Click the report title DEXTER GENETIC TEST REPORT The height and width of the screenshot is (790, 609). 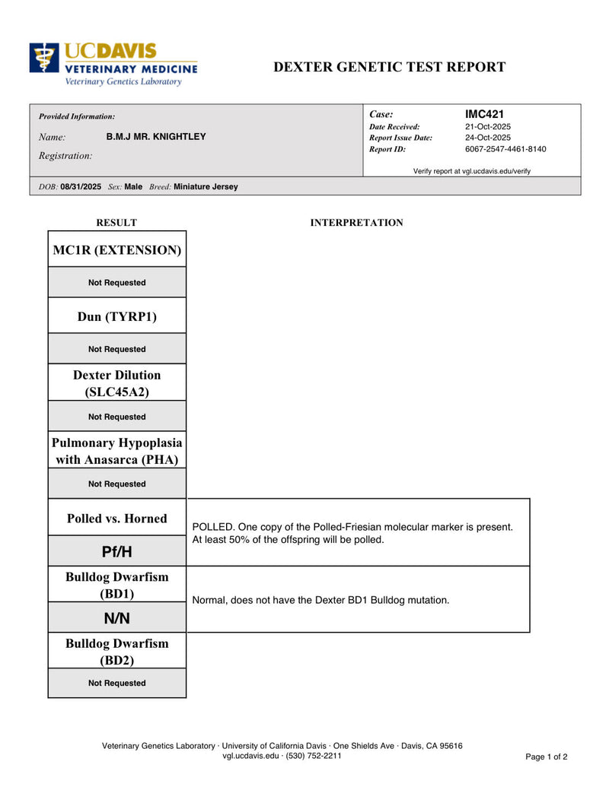click(x=389, y=67)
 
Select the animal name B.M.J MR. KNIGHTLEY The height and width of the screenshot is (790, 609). click(x=156, y=137)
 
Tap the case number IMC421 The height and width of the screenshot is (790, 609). click(x=484, y=114)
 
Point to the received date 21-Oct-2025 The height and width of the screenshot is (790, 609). click(x=488, y=126)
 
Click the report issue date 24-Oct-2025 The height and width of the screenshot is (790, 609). click(x=488, y=138)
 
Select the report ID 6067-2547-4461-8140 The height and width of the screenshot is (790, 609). click(x=505, y=149)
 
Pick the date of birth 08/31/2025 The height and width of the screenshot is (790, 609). click(x=81, y=186)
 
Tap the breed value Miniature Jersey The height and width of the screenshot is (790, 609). click(x=206, y=186)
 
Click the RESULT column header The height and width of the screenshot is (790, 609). click(x=116, y=223)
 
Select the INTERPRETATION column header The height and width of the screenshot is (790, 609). click(x=357, y=223)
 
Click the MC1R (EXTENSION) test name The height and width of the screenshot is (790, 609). click(x=117, y=249)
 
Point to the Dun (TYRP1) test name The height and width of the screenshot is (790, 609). click(x=117, y=316)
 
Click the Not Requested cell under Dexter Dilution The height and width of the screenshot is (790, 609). click(x=117, y=417)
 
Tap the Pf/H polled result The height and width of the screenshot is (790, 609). click(x=117, y=550)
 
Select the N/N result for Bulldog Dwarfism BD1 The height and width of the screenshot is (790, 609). click(x=117, y=618)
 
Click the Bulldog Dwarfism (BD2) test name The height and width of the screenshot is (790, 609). click(x=117, y=652)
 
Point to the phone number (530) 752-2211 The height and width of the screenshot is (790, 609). click(x=314, y=756)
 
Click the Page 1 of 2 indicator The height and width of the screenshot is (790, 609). click(x=547, y=757)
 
